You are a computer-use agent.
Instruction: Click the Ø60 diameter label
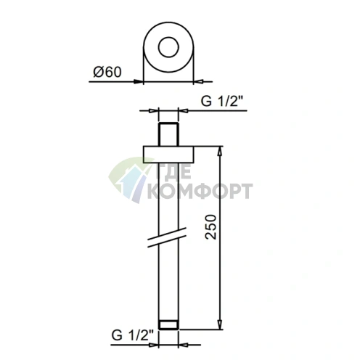coord(107,72)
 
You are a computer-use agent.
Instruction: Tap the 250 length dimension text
coord(210,226)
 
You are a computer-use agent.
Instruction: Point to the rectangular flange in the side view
coord(168,155)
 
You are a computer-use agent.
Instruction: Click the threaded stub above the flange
coord(168,134)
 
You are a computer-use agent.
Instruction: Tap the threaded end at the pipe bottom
coord(168,324)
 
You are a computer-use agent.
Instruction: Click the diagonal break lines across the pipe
coord(167,237)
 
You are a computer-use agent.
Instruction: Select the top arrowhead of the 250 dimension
coord(220,151)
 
